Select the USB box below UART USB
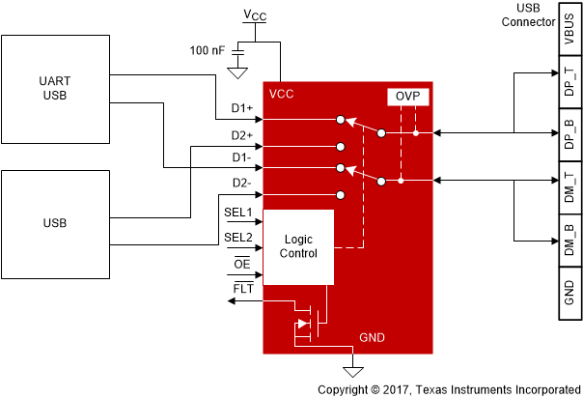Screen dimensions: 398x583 pos(55,222)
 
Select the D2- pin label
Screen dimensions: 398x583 pos(241,183)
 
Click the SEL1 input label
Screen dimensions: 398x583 pos(238,212)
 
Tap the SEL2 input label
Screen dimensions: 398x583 pos(238,237)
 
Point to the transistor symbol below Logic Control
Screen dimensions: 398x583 pos(308,324)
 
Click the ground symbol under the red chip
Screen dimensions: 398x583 pos(353,372)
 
